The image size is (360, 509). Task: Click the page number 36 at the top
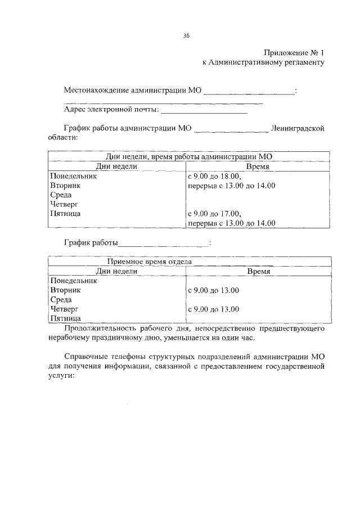[x=186, y=35]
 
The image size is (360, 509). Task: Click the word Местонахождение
[x=96, y=90]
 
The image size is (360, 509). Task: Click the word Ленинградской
[x=298, y=128]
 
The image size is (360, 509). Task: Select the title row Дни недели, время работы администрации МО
[x=189, y=157]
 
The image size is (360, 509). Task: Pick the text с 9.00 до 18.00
[x=214, y=176]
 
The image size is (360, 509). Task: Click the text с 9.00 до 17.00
[x=214, y=214]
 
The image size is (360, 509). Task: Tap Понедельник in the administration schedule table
[x=73, y=176]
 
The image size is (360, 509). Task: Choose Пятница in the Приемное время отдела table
[x=66, y=318]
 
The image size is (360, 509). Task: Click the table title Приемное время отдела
[x=150, y=262]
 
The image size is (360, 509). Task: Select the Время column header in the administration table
[x=258, y=166]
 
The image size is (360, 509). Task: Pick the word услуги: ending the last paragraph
[x=61, y=378]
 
